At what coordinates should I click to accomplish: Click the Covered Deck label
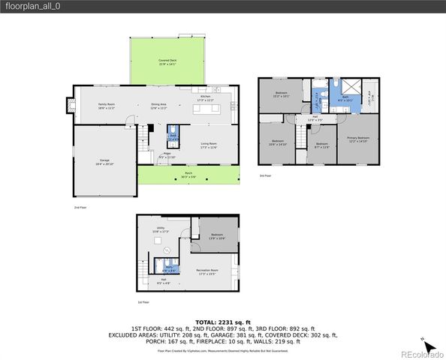click(x=167, y=62)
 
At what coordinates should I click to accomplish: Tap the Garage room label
click(x=104, y=161)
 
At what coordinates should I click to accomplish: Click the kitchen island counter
click(x=207, y=109)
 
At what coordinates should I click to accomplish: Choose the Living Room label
click(x=208, y=145)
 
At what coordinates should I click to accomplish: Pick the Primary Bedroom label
click(x=357, y=139)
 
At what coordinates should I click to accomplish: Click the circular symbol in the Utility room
click(x=167, y=249)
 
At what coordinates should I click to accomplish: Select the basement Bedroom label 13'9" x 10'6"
click(x=217, y=235)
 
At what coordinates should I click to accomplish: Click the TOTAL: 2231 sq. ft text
click(x=223, y=321)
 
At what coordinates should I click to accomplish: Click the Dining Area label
click(x=158, y=106)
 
